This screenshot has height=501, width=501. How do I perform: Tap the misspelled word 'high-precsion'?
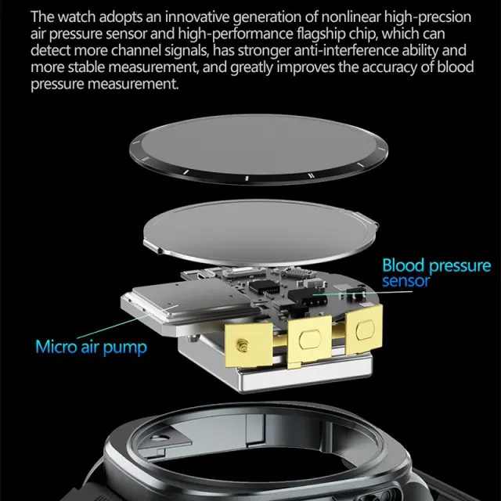(427, 17)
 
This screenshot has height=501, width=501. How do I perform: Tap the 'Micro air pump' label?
(91, 348)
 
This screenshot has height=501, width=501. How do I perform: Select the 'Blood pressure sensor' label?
(437, 273)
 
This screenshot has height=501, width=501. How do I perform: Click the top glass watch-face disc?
(258, 150)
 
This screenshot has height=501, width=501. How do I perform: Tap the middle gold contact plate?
(309, 341)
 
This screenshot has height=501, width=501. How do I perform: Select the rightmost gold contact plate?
(364, 330)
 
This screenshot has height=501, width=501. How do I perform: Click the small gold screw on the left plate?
(242, 345)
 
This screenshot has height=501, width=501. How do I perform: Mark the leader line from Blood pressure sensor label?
(362, 293)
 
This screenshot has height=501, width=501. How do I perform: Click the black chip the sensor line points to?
(307, 297)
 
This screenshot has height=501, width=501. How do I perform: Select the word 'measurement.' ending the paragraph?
(133, 85)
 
